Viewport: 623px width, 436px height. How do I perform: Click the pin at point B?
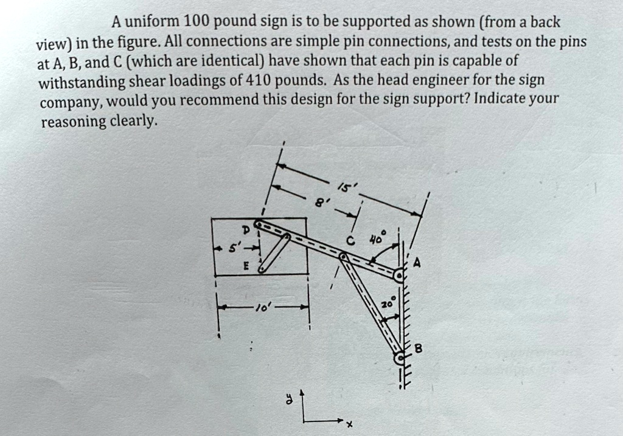[399, 359]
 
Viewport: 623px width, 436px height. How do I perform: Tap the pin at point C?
[343, 258]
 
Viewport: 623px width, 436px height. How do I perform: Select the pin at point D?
[259, 226]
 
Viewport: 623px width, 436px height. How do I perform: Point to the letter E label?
[246, 265]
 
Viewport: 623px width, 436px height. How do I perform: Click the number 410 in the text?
[261, 80]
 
